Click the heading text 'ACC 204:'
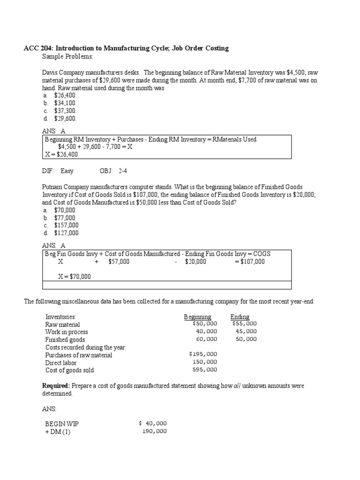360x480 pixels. tap(39, 48)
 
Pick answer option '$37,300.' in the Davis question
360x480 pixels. tap(65, 111)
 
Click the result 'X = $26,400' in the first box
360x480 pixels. tap(62, 155)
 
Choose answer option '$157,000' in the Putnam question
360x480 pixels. tap(66, 225)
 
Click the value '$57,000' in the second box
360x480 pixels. tap(119, 262)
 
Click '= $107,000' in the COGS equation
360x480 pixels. tap(249, 262)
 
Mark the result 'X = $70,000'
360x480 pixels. tap(75, 277)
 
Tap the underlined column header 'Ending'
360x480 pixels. tap(240, 317)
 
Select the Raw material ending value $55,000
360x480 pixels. tap(244, 323)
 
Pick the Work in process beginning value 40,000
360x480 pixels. tap(206, 331)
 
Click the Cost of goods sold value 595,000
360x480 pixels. tap(205, 370)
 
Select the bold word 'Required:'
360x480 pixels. tap(56, 386)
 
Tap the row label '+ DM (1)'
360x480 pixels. tap(58, 432)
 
